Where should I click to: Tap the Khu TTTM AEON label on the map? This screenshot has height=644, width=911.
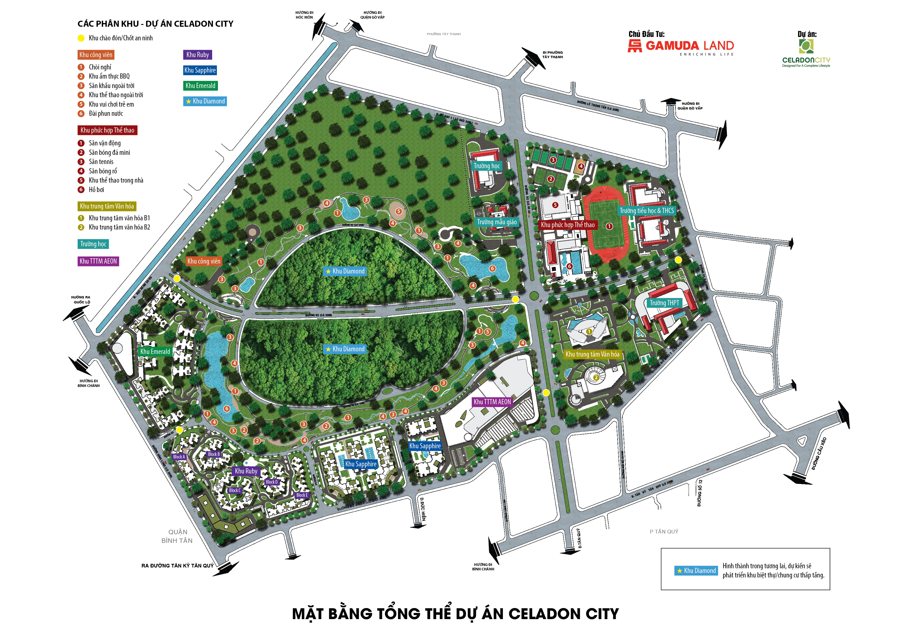click(x=492, y=402)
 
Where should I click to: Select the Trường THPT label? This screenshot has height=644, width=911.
click(x=664, y=303)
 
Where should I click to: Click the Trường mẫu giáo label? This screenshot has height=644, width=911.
click(x=497, y=222)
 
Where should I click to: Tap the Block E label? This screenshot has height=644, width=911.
click(x=302, y=495)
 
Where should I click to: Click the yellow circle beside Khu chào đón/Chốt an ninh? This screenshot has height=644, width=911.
click(x=81, y=38)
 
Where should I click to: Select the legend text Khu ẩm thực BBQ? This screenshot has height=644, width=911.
click(x=109, y=76)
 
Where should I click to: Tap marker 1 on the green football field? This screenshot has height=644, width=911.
click(x=609, y=226)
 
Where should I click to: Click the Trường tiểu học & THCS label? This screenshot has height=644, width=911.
click(x=647, y=211)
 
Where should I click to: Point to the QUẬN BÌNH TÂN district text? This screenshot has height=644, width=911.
click(x=177, y=536)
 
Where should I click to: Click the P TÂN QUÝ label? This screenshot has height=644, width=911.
click(x=664, y=531)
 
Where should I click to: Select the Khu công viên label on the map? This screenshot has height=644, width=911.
click(x=204, y=261)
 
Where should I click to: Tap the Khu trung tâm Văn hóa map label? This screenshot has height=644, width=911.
click(x=592, y=354)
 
